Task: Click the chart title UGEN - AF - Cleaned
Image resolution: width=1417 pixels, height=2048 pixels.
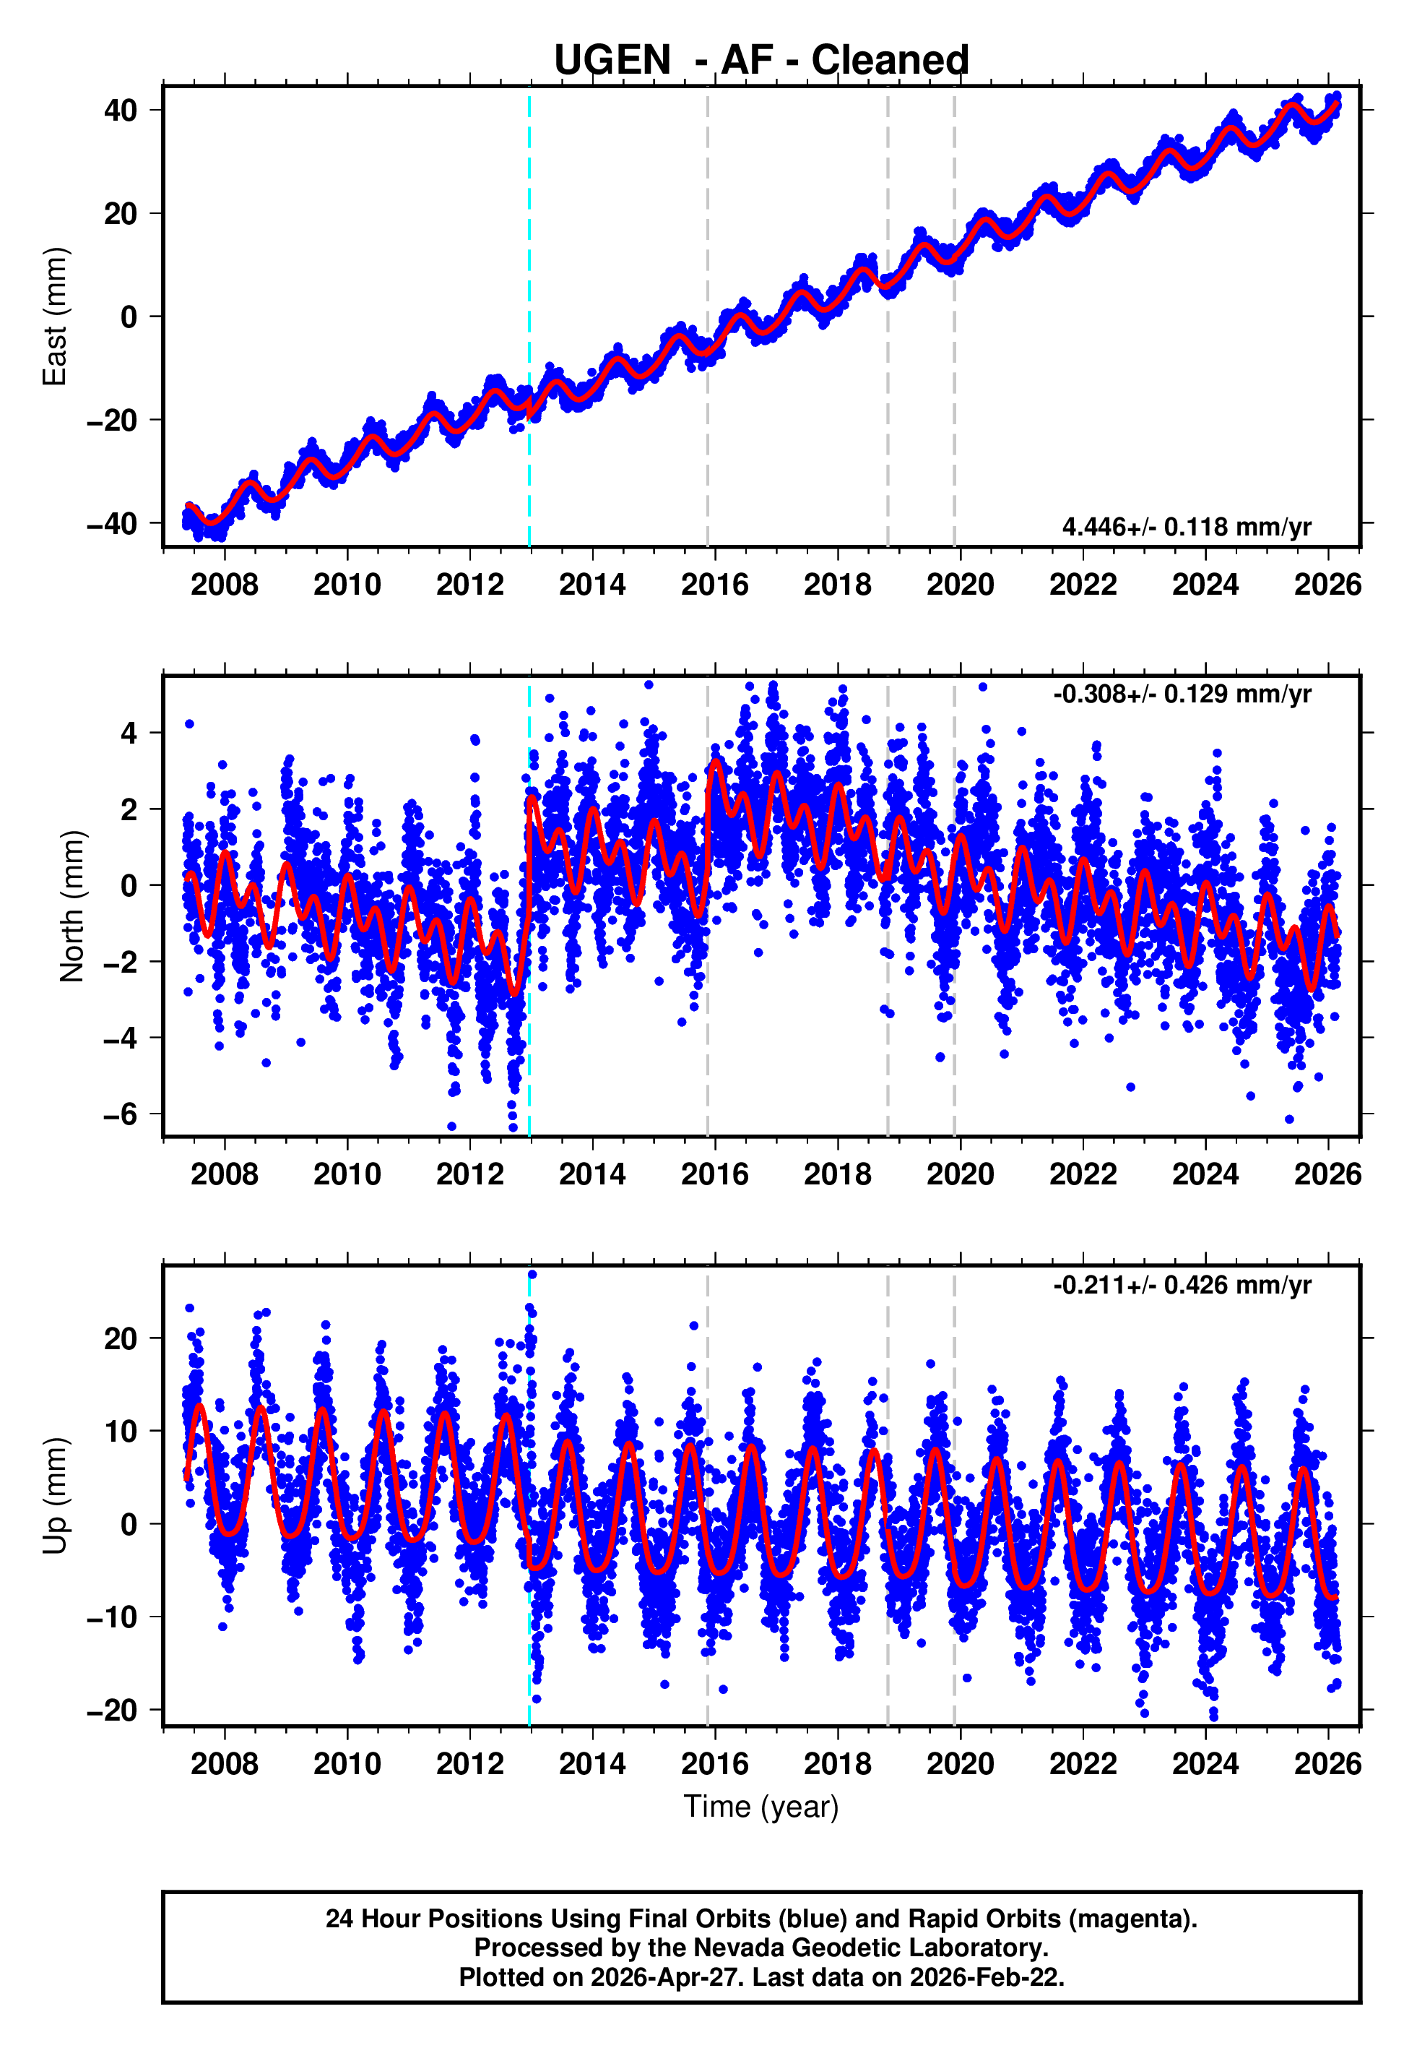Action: (x=761, y=59)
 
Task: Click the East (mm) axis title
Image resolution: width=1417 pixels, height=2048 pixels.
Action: (x=55, y=317)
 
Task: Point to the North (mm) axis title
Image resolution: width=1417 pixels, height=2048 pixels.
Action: (x=72, y=906)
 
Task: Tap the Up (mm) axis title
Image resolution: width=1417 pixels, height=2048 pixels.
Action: (x=55, y=1496)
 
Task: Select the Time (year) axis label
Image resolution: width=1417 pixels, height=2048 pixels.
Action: (x=761, y=1807)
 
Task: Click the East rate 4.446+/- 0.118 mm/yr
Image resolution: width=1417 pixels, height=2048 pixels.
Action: (x=1187, y=527)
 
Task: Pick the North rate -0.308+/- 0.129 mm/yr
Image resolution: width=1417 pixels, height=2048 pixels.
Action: (x=1182, y=694)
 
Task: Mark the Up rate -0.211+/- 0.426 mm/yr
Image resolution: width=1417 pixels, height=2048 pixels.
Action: (x=1182, y=1285)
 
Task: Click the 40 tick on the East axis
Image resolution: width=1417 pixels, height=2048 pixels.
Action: (x=121, y=110)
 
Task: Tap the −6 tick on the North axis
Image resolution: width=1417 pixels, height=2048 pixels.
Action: (x=121, y=1114)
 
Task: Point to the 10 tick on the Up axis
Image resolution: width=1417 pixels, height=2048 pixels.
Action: (x=121, y=1431)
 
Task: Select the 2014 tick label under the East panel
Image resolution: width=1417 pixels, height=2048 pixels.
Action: (x=592, y=585)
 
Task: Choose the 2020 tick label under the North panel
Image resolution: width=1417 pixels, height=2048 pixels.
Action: (x=961, y=1174)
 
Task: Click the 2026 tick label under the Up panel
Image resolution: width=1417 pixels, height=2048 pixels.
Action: (x=1328, y=1764)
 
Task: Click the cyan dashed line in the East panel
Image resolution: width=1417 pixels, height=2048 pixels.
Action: (x=529, y=317)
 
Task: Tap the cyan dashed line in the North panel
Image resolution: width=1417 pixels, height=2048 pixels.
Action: (x=529, y=906)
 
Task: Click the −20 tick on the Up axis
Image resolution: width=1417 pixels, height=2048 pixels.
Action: (x=113, y=1710)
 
